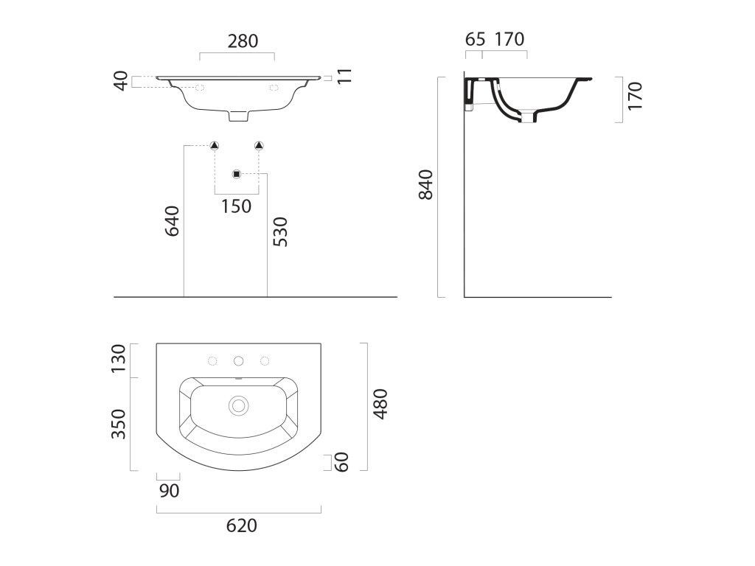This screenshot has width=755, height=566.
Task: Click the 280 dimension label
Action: (x=243, y=41)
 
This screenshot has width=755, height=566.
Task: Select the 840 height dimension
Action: (x=426, y=184)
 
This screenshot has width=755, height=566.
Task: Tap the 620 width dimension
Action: (x=242, y=525)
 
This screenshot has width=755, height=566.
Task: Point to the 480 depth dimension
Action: (x=380, y=404)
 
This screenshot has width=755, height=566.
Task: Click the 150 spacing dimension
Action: (x=237, y=206)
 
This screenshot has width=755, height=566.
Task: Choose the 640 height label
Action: (x=172, y=221)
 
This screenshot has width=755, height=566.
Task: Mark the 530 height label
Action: (x=279, y=231)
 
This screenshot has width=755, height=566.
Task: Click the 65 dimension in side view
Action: (x=476, y=39)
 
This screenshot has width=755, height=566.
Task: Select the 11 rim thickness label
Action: (x=345, y=76)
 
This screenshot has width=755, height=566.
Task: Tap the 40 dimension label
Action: (x=121, y=80)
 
